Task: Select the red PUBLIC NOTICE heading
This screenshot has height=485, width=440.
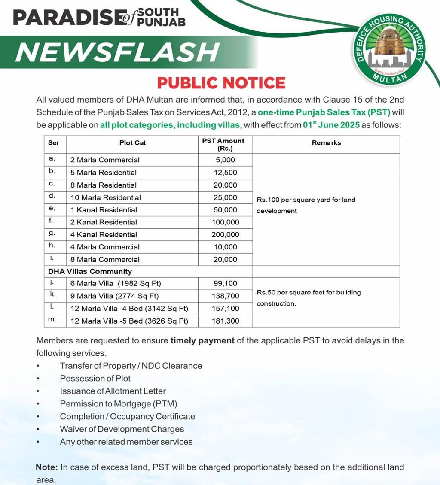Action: coord(221,83)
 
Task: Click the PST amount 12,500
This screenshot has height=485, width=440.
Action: coord(225,173)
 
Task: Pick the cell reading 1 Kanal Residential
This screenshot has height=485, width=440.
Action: coord(104,210)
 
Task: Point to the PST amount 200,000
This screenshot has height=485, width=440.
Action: coord(225,235)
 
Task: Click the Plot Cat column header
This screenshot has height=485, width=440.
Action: coord(132,143)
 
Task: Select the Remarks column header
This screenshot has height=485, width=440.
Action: coord(326,143)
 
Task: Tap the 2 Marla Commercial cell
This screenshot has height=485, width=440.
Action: coord(105,160)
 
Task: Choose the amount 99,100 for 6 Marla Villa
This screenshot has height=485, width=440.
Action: coord(225,284)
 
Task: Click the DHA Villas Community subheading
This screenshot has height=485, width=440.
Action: coord(90,271)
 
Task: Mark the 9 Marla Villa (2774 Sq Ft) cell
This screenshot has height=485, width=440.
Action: coord(115,296)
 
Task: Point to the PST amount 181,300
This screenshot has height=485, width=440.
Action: coord(225,321)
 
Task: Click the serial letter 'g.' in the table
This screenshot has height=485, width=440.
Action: coord(52,234)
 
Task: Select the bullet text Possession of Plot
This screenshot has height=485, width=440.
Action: coord(95,379)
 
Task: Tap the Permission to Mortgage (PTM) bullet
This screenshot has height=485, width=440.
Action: coord(119,404)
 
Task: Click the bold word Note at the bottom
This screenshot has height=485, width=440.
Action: coord(46,467)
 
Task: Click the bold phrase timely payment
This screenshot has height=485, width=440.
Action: coord(202,341)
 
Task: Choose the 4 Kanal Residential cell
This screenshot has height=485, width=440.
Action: coord(104,235)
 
